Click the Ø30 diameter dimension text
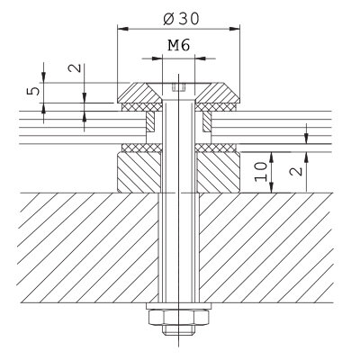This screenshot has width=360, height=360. tap(181, 19)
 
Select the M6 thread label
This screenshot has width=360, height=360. tap(179, 45)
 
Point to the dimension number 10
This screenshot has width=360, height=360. tap(261, 172)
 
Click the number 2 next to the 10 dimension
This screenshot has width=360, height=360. tap(296, 171)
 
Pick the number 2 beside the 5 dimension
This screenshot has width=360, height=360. tap(75, 68)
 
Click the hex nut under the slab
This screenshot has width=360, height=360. tap(179, 318)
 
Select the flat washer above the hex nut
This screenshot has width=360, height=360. tap(179, 306)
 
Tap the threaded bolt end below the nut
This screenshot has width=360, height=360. tap(179, 329)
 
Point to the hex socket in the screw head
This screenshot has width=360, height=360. tap(179, 87)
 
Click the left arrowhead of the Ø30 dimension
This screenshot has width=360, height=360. tap(122, 29)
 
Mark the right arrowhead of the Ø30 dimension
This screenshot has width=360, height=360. tap(235, 29)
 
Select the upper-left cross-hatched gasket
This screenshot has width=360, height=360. tap(142, 107)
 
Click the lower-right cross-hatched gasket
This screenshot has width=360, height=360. tap(217, 148)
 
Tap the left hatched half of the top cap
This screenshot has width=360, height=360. tap(139, 93)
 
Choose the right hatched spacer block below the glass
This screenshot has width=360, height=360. tap(218, 172)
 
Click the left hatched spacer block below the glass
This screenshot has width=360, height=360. tap(139, 172)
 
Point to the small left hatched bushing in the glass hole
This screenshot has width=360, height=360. tap(150, 121)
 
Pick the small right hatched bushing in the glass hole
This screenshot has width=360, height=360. tap(207, 121)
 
